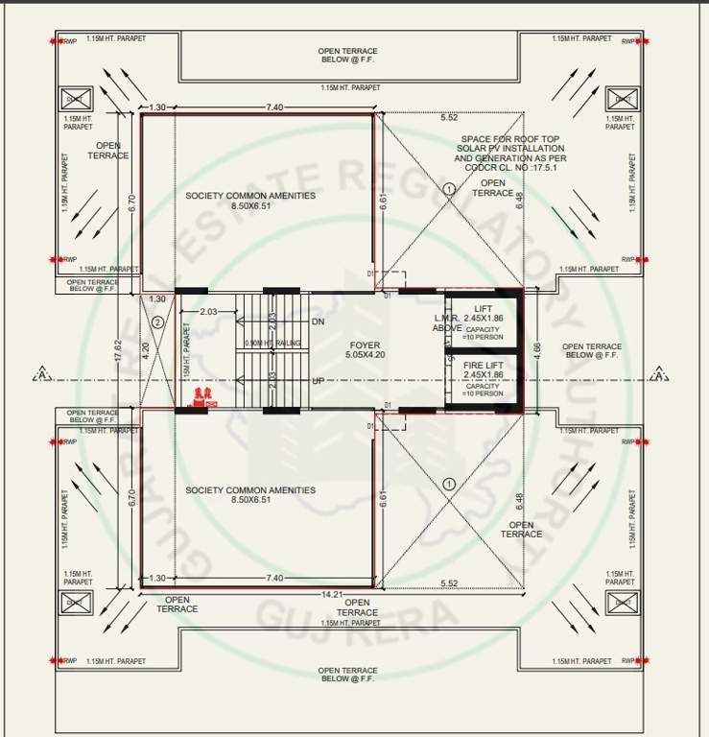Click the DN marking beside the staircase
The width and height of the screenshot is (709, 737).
(x=319, y=321)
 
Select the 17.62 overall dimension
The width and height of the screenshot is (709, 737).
(x=118, y=344)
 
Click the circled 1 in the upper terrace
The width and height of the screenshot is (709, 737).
(x=448, y=189)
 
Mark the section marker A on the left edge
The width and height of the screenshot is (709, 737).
(x=40, y=375)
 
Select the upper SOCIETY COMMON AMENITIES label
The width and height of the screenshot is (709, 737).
(x=250, y=196)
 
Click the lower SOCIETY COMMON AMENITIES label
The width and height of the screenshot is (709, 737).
(x=250, y=490)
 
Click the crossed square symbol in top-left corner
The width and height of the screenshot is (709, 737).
(x=75, y=98)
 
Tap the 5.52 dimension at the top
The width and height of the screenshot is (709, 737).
(x=448, y=117)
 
